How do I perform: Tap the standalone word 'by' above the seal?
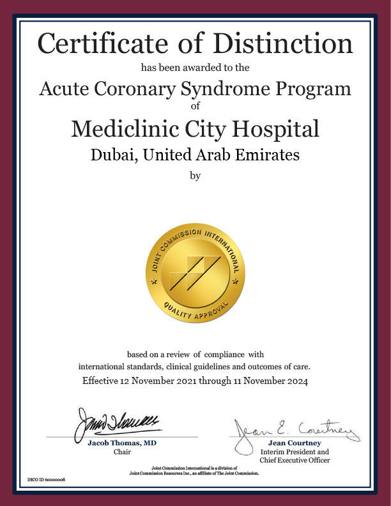tap(195, 176)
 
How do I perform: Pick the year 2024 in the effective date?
tap(296, 382)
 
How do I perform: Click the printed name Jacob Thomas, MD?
tap(122, 443)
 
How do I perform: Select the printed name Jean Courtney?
tap(294, 443)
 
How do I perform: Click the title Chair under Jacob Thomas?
tap(122, 452)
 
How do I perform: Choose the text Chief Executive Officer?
tap(294, 460)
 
